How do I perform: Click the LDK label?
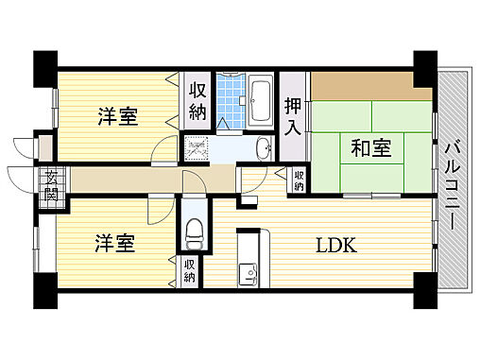pyautogui.click(x=334, y=246)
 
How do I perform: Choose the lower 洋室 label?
pyautogui.click(x=115, y=244)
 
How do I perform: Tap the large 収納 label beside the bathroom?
pyautogui.click(x=197, y=100)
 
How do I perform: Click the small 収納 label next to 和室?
pyautogui.click(x=298, y=180)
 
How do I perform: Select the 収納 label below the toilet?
pyautogui.click(x=189, y=270)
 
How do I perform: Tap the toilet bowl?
pyautogui.click(x=195, y=230)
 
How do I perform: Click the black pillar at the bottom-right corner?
pyautogui.click(x=424, y=296)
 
